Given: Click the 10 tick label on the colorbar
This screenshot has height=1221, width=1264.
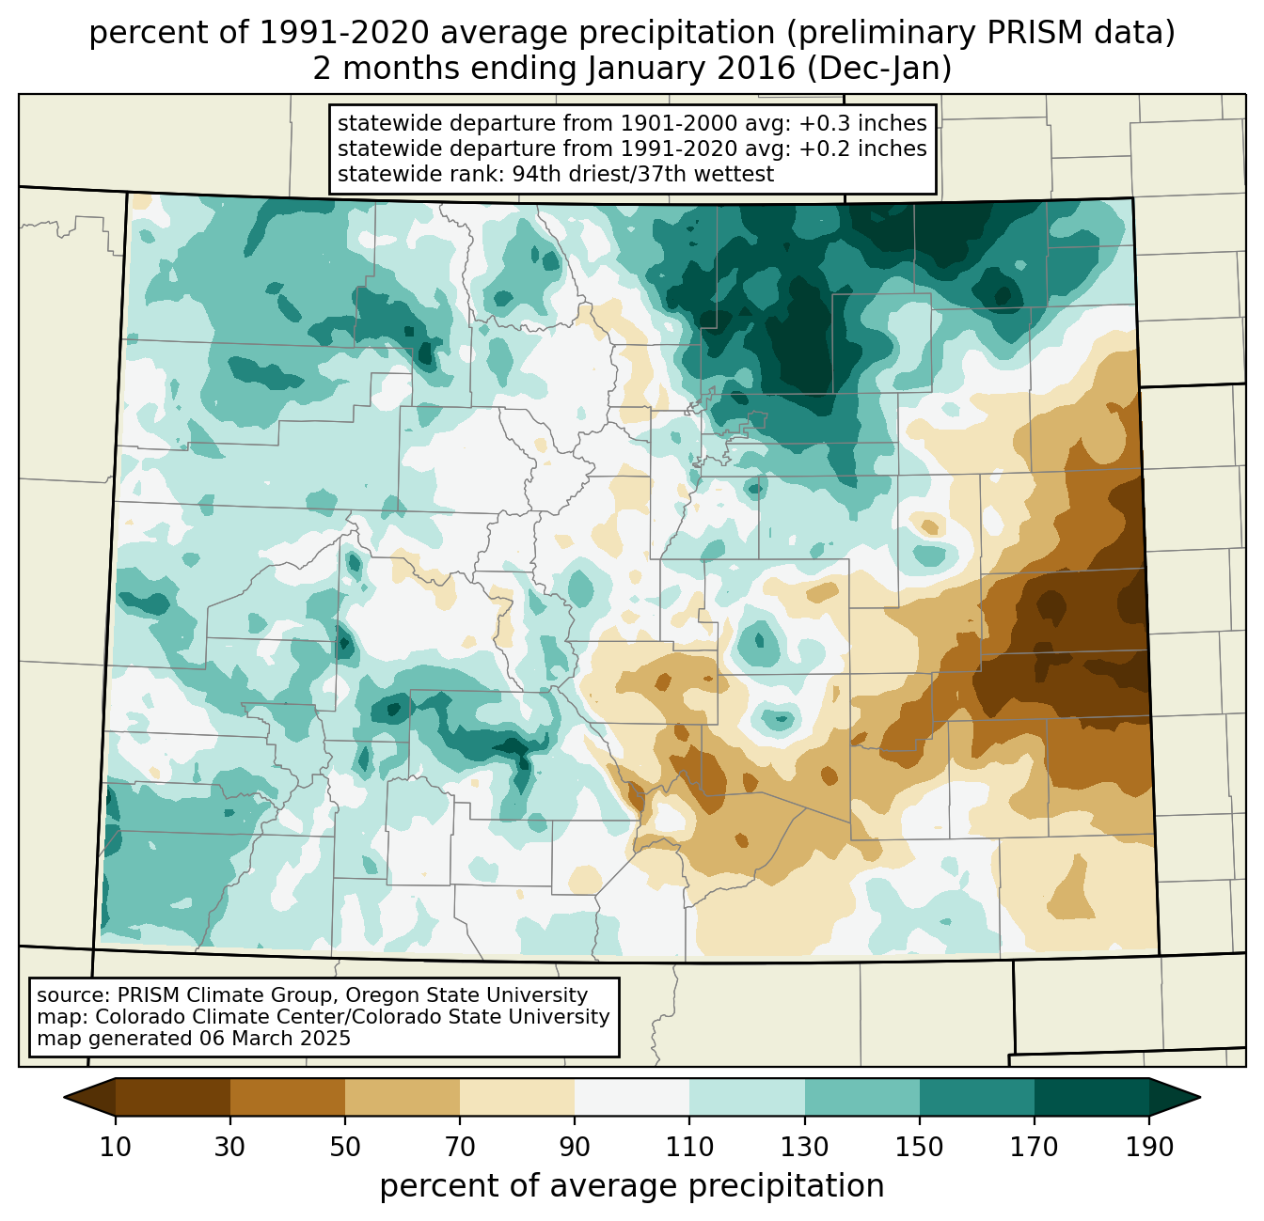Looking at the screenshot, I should (116, 1147).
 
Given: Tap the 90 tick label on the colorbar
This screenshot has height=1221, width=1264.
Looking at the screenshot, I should (575, 1147).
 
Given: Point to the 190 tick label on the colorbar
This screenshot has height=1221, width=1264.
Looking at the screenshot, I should (1149, 1147).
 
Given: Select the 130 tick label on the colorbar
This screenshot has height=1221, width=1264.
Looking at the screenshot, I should (805, 1147).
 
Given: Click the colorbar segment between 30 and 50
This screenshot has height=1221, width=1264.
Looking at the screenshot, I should (288, 1097).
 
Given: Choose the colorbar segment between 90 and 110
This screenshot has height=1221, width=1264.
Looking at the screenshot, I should (632, 1097).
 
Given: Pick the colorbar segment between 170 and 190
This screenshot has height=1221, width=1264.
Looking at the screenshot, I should (1092, 1097).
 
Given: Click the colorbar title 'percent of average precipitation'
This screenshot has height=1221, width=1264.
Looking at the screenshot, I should (632, 1186).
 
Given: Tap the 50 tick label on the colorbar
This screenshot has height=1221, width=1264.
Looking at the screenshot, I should (345, 1147).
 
